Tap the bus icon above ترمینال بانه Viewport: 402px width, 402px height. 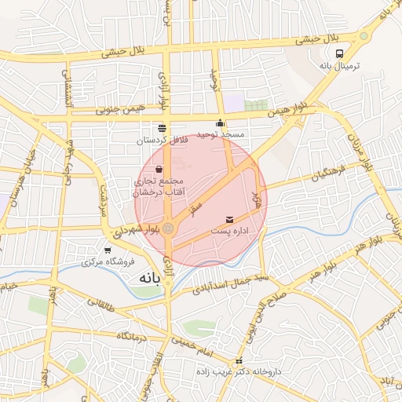[x=339, y=54]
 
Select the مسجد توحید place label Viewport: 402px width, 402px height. [x=221, y=135]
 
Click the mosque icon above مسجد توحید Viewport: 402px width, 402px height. [x=221, y=123]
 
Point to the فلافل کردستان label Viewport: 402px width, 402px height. [x=162, y=141]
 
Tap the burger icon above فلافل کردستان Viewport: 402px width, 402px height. [x=162, y=128]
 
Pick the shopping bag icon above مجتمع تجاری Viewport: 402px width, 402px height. [x=159, y=169]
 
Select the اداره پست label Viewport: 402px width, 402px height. [x=229, y=232]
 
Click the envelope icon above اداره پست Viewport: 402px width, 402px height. [x=229, y=219]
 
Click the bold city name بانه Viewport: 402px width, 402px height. [x=148, y=279]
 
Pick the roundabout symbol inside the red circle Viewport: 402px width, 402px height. [x=168, y=227]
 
